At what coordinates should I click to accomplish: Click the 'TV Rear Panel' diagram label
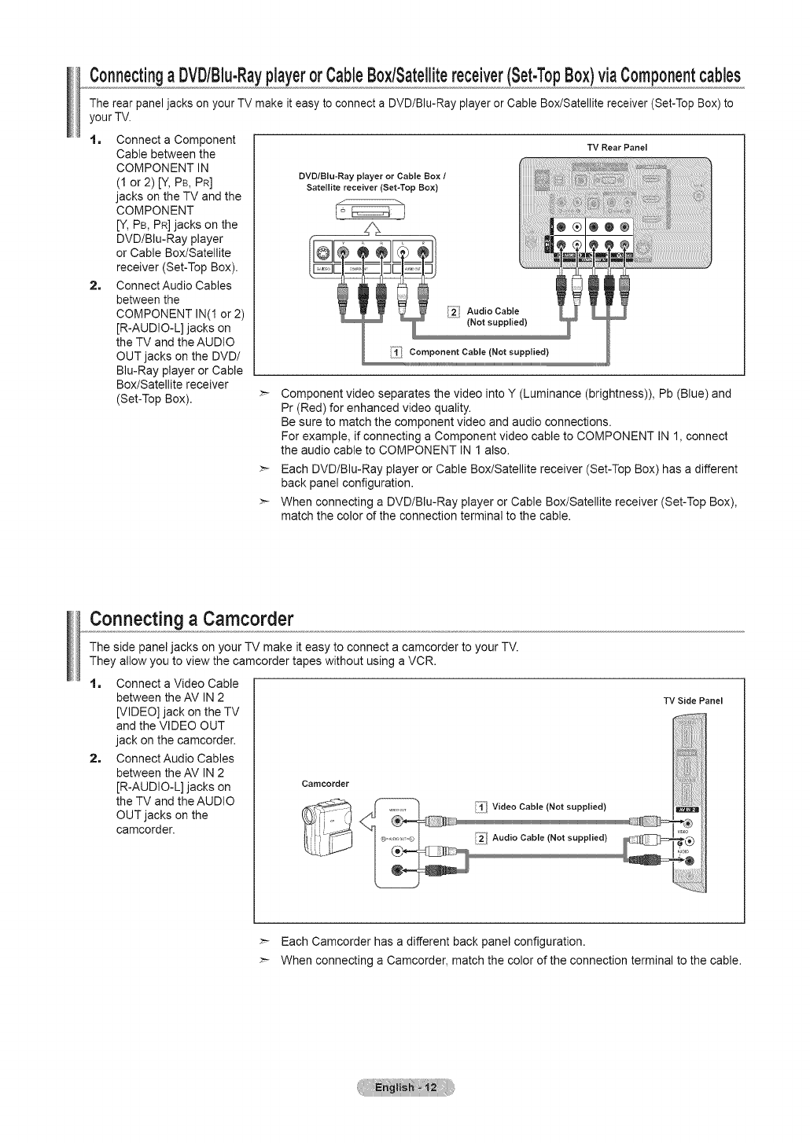click(617, 147)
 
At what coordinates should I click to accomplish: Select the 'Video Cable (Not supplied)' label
click(548, 807)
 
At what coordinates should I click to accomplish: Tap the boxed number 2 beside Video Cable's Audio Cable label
click(480, 836)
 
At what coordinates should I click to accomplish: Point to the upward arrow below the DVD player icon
click(368, 229)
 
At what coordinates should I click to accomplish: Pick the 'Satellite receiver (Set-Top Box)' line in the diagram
click(368, 187)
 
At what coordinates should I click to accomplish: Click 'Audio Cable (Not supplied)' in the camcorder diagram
click(549, 836)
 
